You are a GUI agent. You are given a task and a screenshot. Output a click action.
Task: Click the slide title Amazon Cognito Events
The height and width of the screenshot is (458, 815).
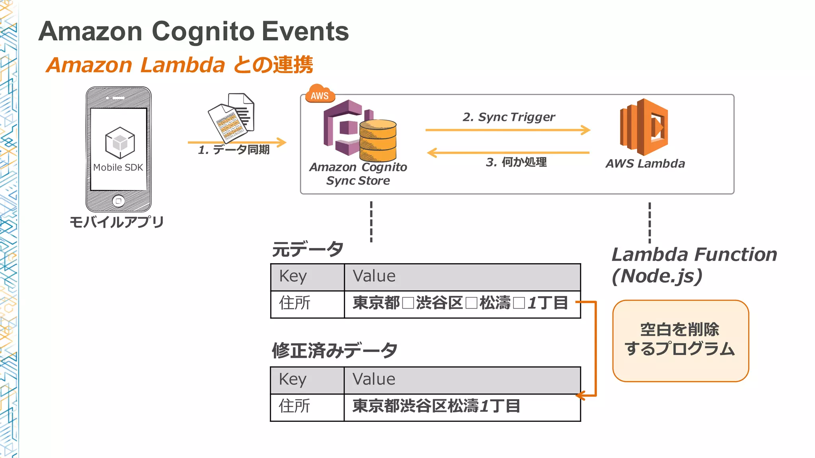click(193, 31)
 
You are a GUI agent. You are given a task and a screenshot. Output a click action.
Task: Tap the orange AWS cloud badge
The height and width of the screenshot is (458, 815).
click(320, 95)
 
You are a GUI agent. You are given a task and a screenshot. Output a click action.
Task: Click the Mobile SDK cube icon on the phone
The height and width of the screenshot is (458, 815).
click(120, 142)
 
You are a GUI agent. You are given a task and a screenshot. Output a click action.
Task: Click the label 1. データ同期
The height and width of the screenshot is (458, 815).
click(234, 150)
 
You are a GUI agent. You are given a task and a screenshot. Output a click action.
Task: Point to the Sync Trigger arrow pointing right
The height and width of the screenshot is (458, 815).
click(507, 130)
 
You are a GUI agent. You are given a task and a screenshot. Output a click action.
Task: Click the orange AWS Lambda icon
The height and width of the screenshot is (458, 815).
click(644, 127)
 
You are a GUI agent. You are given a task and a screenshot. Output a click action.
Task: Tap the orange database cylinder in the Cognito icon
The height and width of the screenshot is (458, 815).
click(378, 140)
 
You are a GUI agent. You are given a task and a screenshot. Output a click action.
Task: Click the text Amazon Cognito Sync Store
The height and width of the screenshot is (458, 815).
click(358, 174)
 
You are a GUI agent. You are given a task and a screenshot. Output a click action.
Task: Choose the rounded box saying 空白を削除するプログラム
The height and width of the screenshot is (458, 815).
click(680, 341)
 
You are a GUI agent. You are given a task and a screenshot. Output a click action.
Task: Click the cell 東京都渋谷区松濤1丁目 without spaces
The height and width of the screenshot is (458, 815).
click(436, 406)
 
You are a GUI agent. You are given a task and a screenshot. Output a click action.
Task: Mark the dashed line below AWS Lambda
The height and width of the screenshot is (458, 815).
click(649, 223)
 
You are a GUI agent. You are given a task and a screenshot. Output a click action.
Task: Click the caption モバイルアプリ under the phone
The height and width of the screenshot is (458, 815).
click(117, 222)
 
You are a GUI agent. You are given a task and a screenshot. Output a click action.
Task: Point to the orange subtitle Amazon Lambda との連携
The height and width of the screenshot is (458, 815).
click(179, 65)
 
